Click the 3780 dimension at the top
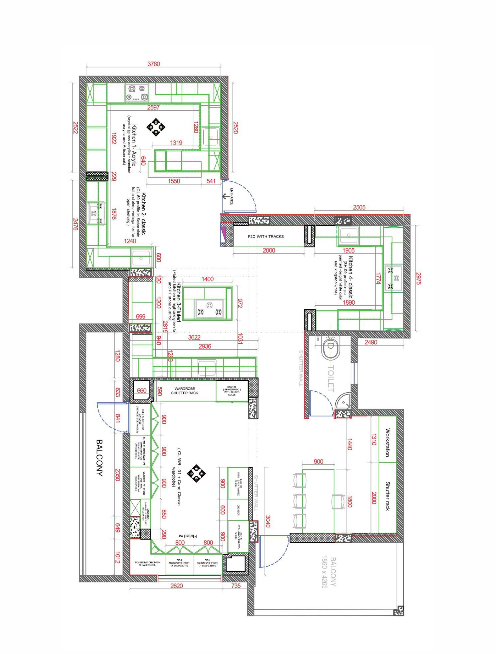(x=154, y=64)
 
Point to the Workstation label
(x=388, y=443)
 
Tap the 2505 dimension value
(x=359, y=207)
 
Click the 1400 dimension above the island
(x=207, y=279)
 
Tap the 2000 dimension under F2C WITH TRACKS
(x=269, y=251)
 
